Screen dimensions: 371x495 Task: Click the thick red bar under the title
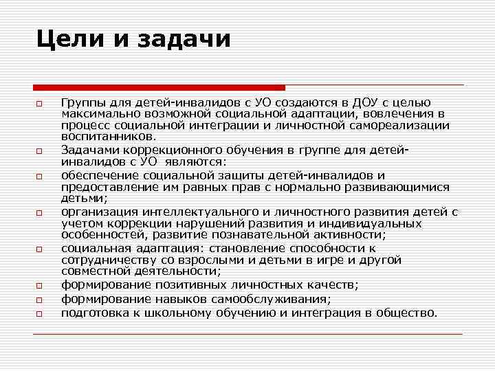tap(159, 87)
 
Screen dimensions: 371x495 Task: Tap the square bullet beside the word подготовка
tap(40, 314)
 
